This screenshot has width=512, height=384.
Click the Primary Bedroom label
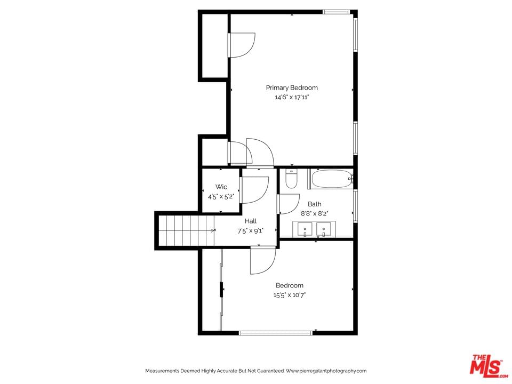tap(292, 87)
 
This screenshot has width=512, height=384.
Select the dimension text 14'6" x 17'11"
tap(292, 97)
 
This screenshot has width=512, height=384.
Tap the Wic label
tap(221, 187)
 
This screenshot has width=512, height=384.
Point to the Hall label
tap(251, 221)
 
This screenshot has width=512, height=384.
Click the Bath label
tap(315, 204)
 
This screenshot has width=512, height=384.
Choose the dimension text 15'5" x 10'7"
tap(289, 295)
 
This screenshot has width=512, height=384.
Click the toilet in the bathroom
tap(291, 179)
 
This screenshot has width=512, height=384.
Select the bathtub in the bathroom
tap(331, 179)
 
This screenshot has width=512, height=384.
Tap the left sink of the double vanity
tap(305, 229)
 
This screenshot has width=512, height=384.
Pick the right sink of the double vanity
tap(324, 229)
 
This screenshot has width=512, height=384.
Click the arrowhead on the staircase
tap(213, 230)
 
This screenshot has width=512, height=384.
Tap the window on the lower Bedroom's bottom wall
tap(276, 333)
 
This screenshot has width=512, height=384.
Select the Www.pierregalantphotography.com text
tap(326, 371)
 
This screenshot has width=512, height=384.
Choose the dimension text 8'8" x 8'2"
tap(315, 214)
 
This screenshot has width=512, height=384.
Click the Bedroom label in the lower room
tap(289, 285)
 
